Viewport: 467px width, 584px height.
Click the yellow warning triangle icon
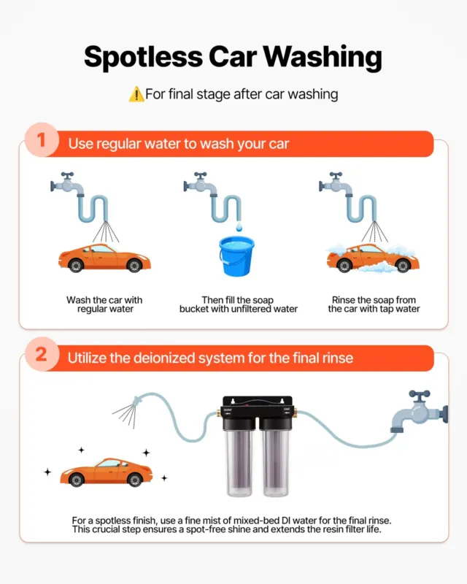point(136,94)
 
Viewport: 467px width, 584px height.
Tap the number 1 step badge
point(42,140)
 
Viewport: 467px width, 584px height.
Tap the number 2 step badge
point(42,354)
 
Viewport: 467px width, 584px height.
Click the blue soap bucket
point(237,256)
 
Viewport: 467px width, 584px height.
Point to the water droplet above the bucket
point(239,226)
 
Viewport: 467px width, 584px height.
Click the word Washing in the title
point(323,58)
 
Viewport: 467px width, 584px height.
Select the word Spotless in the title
point(143,58)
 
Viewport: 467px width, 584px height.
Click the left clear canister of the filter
point(239,463)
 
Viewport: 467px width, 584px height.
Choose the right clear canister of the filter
point(276,463)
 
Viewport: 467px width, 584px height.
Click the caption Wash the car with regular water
point(104,304)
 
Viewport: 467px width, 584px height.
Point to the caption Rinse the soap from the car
point(374,304)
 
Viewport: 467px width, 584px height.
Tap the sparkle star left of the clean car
point(47,472)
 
